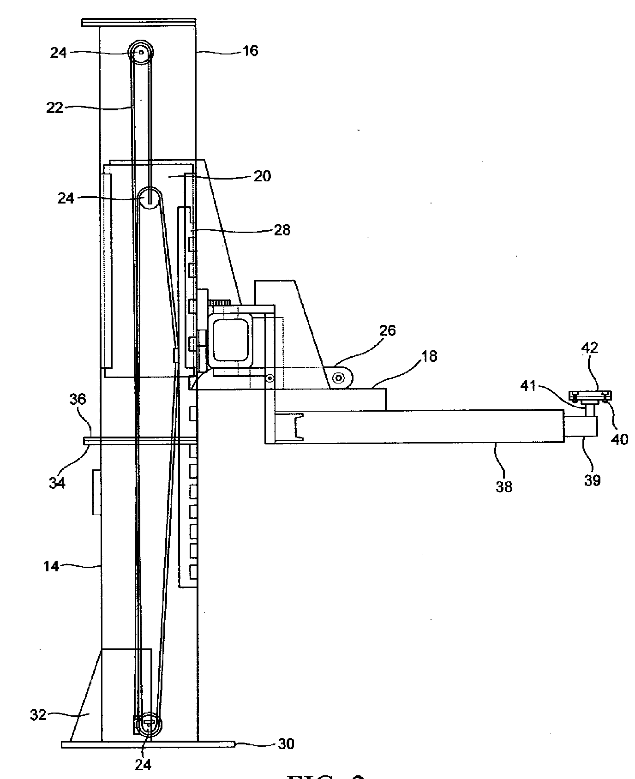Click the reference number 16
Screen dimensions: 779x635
coord(251,51)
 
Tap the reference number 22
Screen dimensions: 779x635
coord(54,108)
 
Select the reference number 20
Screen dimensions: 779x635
coord(262,176)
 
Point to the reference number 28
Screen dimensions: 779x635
coord(282,230)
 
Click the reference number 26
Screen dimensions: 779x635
coord(387,330)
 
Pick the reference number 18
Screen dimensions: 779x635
coord(429,357)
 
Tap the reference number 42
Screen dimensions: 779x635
coord(589,347)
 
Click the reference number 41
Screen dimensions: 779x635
coord(528,385)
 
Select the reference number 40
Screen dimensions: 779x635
coord(619,439)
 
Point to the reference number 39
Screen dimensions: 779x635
coord(592,480)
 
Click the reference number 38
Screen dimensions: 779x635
coord(503,486)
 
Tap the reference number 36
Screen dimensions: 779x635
coord(78,399)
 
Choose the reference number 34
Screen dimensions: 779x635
coord(57,483)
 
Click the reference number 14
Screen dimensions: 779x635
coord(52,566)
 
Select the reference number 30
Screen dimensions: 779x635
coord(286,757)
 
